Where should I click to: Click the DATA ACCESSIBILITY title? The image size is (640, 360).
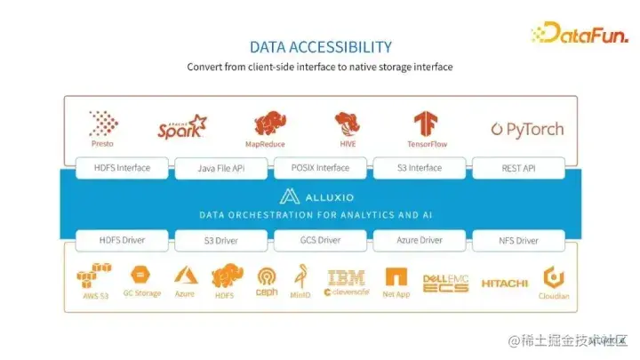(x=320, y=46)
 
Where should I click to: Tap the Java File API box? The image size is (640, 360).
(x=220, y=168)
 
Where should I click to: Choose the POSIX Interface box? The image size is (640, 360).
(x=320, y=167)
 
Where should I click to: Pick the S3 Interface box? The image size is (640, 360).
(x=419, y=167)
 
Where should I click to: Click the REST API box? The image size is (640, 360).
(x=518, y=167)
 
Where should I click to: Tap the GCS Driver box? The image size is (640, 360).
(x=320, y=240)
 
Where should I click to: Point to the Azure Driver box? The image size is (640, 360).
(x=419, y=240)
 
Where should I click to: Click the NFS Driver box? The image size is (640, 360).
(x=518, y=240)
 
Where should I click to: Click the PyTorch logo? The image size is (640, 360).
(x=527, y=130)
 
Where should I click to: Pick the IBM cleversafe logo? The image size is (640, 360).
(x=346, y=283)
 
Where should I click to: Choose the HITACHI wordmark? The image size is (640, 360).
(x=504, y=284)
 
